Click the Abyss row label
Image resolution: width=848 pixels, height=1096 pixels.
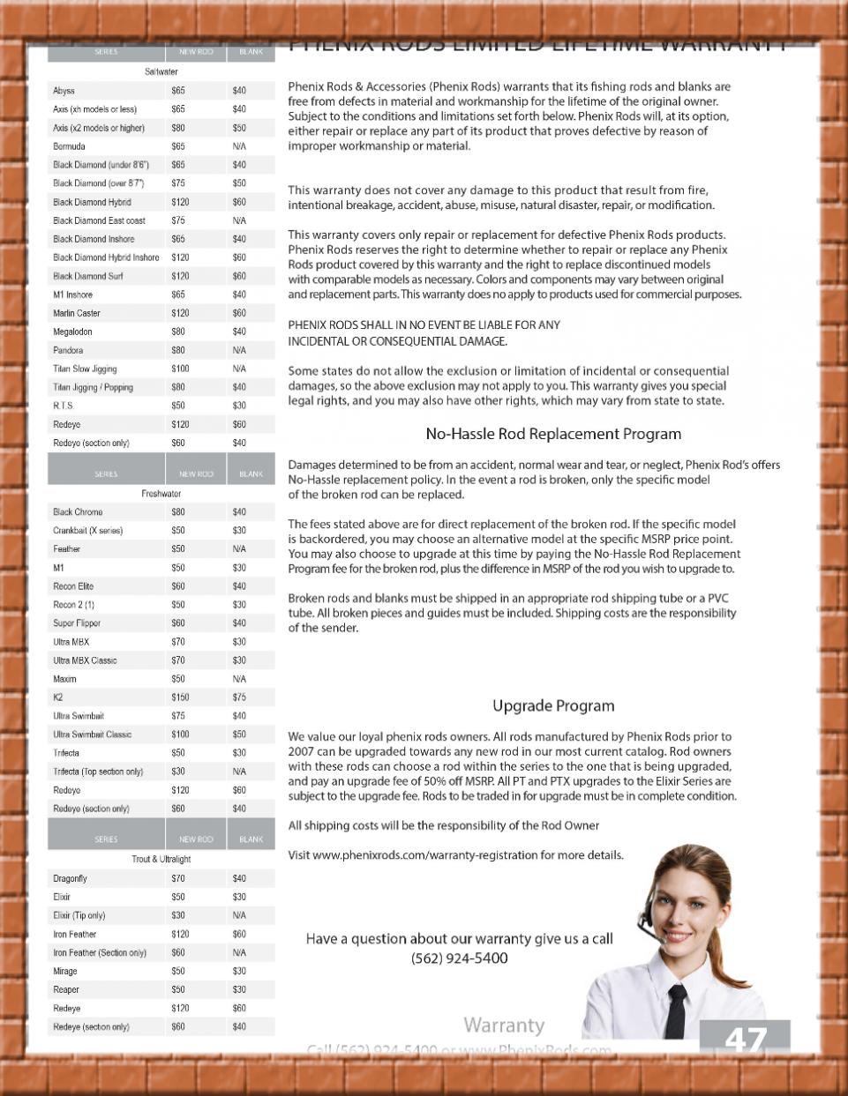64,91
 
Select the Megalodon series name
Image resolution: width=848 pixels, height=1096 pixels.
72,332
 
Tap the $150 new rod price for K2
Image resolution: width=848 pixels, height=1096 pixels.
180,697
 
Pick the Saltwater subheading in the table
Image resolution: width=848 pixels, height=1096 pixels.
161,71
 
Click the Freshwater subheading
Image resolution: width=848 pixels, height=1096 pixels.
161,494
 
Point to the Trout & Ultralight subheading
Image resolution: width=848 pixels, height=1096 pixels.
161,859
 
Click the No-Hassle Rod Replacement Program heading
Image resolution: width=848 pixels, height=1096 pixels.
553,434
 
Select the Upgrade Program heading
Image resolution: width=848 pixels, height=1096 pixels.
553,705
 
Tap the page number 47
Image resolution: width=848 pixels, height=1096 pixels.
746,1040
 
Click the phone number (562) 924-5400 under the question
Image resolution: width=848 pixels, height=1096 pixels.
460,958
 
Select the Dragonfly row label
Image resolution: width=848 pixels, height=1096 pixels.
70,878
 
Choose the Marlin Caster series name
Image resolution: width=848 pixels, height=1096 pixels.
77,313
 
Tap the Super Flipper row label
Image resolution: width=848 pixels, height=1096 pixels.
77,623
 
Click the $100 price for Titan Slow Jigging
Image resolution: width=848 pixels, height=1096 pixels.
180,369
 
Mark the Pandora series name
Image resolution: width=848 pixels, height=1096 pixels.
68,350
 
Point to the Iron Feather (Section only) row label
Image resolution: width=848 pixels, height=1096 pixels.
100,952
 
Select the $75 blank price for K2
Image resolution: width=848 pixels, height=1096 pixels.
239,697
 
